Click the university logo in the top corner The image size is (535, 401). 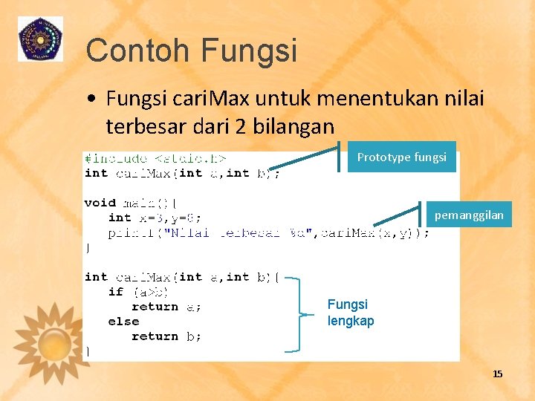point(41,39)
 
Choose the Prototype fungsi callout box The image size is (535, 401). point(401,157)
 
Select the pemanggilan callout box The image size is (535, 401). point(468,215)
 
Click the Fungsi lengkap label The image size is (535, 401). point(351,313)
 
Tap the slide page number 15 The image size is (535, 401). point(497,374)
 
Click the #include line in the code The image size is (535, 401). point(156,158)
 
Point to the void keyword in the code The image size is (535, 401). point(100,203)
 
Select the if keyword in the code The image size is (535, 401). point(115,292)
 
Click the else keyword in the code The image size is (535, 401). point(123,322)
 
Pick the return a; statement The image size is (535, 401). point(166,307)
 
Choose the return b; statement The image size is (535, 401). point(166,336)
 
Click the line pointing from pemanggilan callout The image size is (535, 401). point(398,215)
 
